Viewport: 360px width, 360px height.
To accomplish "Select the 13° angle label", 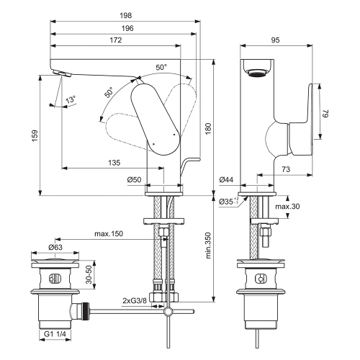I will [70, 99].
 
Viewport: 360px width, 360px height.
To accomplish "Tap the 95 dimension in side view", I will [275, 41].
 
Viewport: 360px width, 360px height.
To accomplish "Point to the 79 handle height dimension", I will [325, 112].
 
